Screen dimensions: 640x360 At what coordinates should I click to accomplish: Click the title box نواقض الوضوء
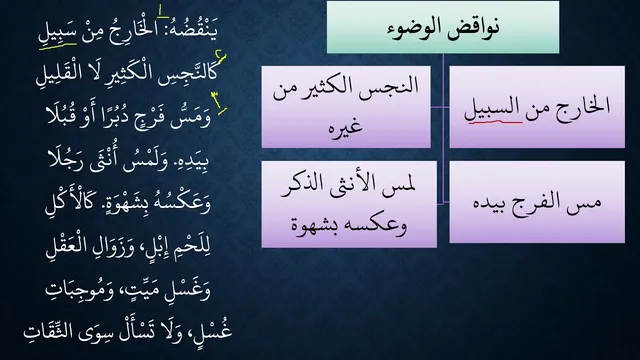443,27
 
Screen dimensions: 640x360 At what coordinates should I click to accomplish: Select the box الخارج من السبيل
537,107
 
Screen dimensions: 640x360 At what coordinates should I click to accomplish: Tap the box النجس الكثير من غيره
346,107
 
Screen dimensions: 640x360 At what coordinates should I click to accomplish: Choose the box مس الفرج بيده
537,202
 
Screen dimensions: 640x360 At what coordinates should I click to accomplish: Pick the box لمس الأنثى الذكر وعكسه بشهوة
349,204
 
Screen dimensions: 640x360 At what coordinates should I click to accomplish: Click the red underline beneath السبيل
495,121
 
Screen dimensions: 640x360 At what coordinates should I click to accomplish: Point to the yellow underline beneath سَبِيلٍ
58,45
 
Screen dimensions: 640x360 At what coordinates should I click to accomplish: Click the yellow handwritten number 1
163,12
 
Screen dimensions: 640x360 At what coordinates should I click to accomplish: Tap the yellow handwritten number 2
221,60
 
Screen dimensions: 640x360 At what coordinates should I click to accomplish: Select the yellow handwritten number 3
219,102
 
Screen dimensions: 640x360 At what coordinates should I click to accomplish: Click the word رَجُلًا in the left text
66,158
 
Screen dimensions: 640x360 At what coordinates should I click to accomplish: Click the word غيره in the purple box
345,126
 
